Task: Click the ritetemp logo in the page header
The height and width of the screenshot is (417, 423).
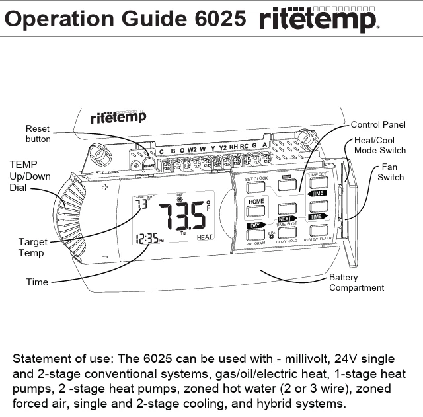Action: tap(319, 20)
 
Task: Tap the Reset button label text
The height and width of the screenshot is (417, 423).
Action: tap(38, 134)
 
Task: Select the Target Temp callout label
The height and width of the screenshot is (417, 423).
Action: tap(32, 248)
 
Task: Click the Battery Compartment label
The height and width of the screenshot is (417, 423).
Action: tap(356, 283)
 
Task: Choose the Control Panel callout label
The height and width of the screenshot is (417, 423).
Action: tap(378, 124)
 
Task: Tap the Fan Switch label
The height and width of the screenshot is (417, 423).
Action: tap(391, 172)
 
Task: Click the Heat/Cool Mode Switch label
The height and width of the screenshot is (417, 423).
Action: tap(379, 145)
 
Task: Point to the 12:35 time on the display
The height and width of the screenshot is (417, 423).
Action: tap(147, 239)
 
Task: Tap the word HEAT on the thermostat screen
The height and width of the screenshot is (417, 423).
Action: tap(204, 237)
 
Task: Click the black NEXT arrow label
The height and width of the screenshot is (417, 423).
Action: tap(286, 219)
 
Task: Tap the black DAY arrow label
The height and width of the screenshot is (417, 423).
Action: tap(256, 225)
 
